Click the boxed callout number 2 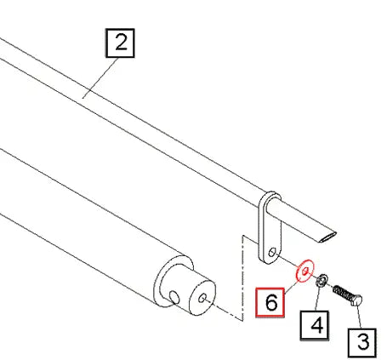[x=120, y=43]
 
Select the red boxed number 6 [x=270, y=302]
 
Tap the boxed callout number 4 [x=315, y=325]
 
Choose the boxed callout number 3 [x=362, y=342]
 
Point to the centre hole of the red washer [x=304, y=271]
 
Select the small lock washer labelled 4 [x=322, y=280]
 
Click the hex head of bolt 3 [x=356, y=300]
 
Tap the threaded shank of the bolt [x=342, y=293]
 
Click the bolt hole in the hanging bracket [x=272, y=252]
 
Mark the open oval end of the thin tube [x=327, y=237]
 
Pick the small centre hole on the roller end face [x=202, y=298]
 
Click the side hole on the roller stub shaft [x=174, y=297]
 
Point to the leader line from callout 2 [x=100, y=77]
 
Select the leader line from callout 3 [x=359, y=317]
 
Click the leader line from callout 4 [x=318, y=299]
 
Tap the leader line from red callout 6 [x=291, y=284]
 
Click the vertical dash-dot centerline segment [x=242, y=278]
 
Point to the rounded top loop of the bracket [x=270, y=194]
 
